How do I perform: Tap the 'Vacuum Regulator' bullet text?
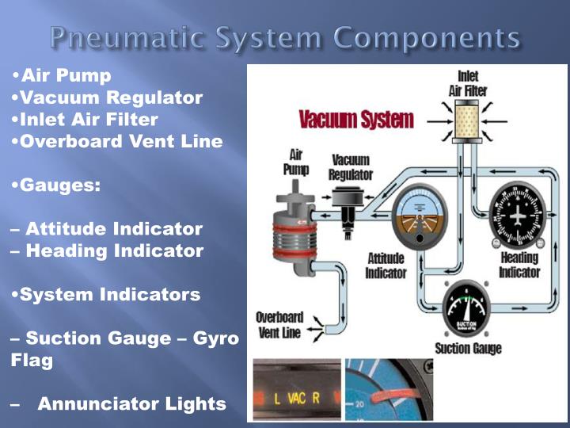pos(111,98)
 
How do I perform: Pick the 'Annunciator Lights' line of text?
pos(131,404)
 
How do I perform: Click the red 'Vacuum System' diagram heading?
pos(356,120)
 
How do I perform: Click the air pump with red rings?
pos(294,230)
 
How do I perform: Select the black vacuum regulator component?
pos(348,203)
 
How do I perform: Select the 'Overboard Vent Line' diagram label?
pos(279,324)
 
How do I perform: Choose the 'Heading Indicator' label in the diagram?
pos(519,265)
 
